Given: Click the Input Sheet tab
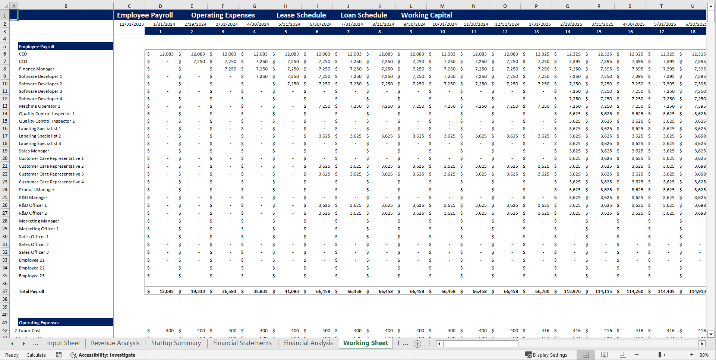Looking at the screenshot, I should [x=63, y=343].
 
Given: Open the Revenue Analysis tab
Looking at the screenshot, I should [x=115, y=343].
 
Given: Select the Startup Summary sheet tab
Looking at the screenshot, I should [x=176, y=343].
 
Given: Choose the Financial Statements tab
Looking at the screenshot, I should [x=242, y=343].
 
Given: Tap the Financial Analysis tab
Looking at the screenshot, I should [x=308, y=343].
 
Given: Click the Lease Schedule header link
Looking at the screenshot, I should [x=301, y=15].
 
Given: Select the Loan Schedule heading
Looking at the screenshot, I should [x=364, y=15].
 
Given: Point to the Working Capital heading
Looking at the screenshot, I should [x=426, y=15].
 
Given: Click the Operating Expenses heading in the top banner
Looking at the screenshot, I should [x=223, y=15].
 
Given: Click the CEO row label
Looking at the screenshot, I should [x=23, y=54].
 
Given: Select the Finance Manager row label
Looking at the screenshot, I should [x=37, y=69].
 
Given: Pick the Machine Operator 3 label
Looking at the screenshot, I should [x=40, y=106].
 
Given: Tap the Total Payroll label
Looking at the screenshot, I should [x=31, y=291].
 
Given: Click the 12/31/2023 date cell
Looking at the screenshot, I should [x=131, y=24].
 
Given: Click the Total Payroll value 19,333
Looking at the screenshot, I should [x=198, y=291].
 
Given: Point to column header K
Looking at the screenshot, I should [x=379, y=6].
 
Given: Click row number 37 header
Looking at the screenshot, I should [x=5, y=291].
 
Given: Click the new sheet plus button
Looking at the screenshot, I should [x=417, y=344].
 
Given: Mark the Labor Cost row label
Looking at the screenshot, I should [x=30, y=331].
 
